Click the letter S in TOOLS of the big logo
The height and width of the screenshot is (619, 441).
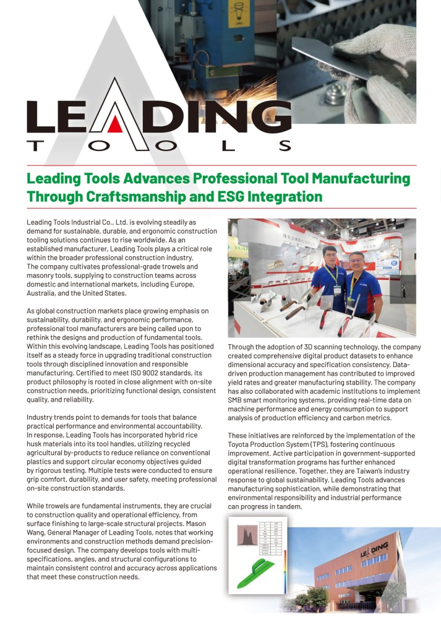(x=285, y=146)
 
